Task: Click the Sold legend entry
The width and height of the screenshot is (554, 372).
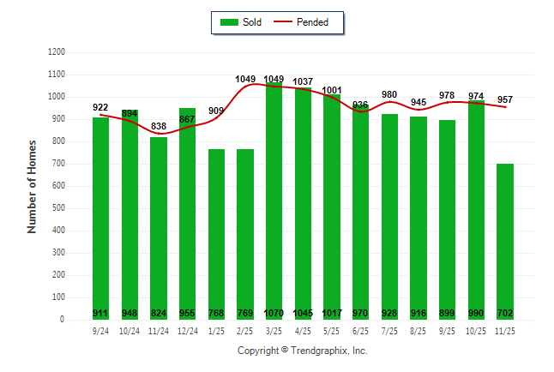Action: tap(241, 22)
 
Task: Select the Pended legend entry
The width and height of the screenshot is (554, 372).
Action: tap(301, 22)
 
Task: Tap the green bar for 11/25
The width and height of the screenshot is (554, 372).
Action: tap(505, 240)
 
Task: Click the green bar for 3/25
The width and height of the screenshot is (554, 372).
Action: tap(274, 197)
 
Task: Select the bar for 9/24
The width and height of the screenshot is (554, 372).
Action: tap(101, 214)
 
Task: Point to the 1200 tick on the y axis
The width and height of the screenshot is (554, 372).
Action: tap(57, 52)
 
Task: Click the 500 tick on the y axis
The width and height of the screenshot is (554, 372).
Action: tap(58, 208)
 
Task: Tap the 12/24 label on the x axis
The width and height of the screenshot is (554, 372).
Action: tap(187, 330)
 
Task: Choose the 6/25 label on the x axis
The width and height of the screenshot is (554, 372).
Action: tap(361, 330)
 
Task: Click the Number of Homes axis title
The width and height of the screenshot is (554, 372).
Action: tap(33, 186)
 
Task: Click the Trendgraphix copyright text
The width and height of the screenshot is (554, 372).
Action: tap(302, 351)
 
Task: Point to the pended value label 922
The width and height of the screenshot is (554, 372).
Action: tap(100, 107)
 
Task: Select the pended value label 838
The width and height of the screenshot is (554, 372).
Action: tap(159, 126)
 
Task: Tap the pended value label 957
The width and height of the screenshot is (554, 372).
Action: tap(505, 99)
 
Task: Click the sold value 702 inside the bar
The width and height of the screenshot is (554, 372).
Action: tap(505, 313)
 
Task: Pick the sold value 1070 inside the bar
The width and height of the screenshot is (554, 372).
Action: tap(274, 313)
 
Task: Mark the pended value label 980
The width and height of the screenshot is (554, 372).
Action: tap(390, 94)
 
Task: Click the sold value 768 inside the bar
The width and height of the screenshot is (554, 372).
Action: tap(216, 313)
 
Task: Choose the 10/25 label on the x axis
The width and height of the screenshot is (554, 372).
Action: tap(476, 330)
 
